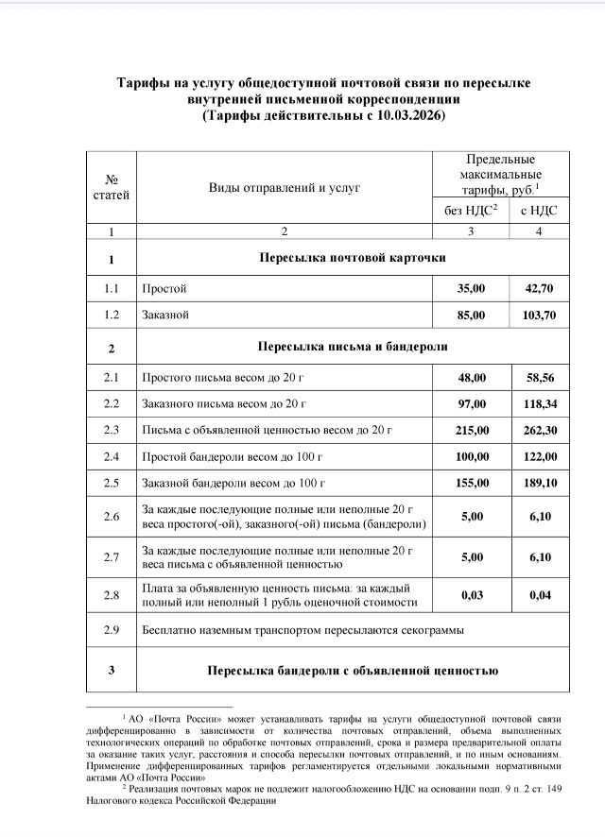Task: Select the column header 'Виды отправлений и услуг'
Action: pyautogui.click(x=285, y=188)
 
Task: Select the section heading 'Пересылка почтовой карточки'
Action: pyautogui.click(x=352, y=258)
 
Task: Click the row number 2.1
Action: pyautogui.click(x=112, y=377)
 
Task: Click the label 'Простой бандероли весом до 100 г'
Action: pyautogui.click(x=232, y=457)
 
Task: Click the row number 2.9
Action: pyautogui.click(x=112, y=628)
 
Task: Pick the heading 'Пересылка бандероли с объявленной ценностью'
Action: pyautogui.click(x=352, y=671)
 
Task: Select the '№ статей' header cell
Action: pyautogui.click(x=112, y=188)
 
